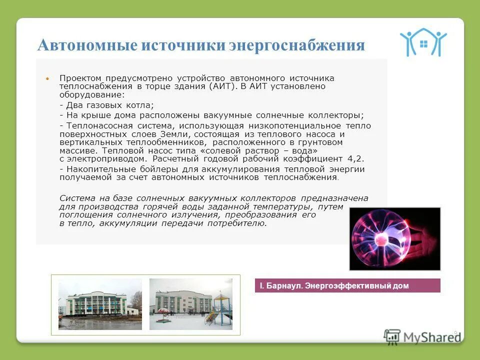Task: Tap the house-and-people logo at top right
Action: click(x=423, y=42)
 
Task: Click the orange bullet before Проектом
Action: click(x=47, y=79)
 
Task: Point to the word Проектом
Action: click(x=80, y=78)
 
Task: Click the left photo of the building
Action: click(x=100, y=304)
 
